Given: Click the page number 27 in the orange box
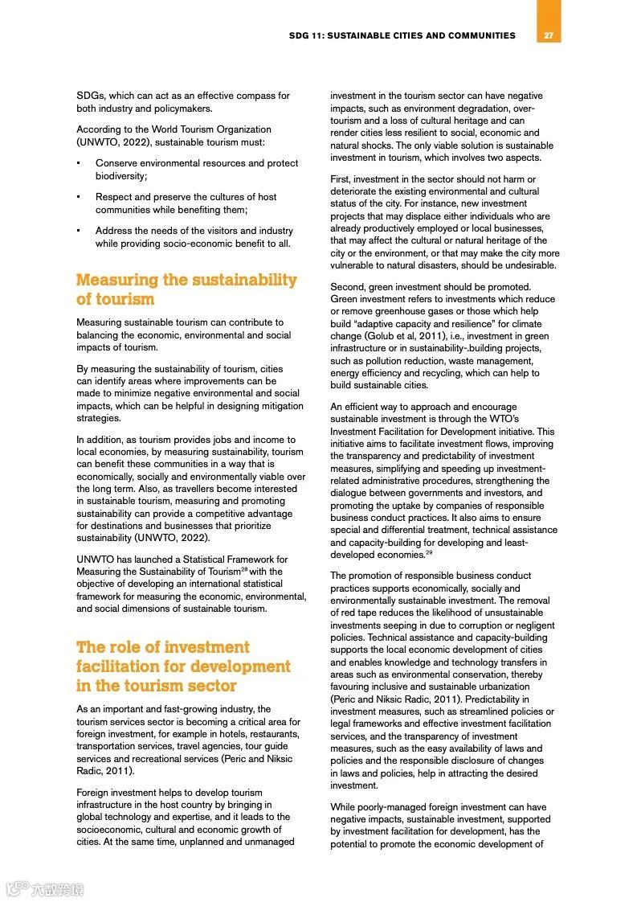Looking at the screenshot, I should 549,35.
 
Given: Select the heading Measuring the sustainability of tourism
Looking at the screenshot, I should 186,289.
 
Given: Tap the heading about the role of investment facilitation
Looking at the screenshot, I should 183,666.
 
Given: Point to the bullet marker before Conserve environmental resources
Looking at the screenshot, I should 78,163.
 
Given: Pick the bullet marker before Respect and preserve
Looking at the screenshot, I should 78,197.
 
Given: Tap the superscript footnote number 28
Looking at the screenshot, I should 244,569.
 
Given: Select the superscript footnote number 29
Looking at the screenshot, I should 429,553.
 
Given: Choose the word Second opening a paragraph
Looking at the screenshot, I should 347,287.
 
